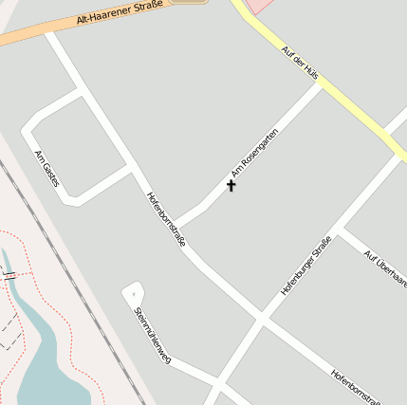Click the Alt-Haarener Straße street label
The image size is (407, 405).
118,13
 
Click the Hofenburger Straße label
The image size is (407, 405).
305,266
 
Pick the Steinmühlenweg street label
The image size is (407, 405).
152,335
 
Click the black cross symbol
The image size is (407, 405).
231,185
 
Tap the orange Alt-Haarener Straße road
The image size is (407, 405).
28,36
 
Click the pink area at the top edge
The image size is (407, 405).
260,5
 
